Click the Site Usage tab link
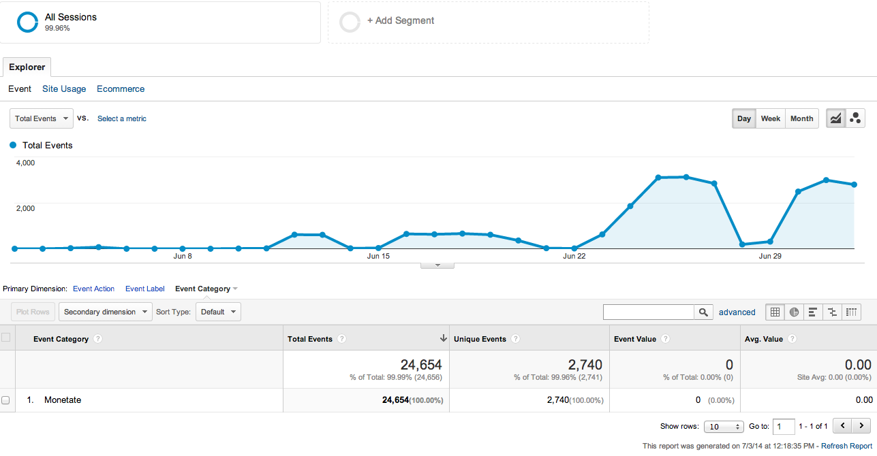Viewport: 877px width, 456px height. pos(64,89)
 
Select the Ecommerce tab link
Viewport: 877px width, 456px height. pos(121,89)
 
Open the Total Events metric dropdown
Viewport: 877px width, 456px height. pos(42,118)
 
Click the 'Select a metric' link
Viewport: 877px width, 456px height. pos(122,118)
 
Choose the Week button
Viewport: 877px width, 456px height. pos(770,118)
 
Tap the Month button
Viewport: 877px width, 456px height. pos(801,118)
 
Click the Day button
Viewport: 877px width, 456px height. pos(743,118)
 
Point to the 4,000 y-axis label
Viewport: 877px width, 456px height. pos(25,163)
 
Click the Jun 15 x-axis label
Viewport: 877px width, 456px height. pos(378,257)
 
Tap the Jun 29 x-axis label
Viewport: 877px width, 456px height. pos(770,257)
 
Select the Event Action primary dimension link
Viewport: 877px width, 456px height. pos(94,289)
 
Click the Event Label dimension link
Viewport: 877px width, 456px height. pos(144,289)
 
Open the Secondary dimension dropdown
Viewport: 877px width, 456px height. pos(106,312)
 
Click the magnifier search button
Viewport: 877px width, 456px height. pos(703,312)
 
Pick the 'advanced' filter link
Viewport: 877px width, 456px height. pos(737,312)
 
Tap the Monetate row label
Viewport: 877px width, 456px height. pos(63,400)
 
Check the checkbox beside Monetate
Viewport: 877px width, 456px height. pos(5,400)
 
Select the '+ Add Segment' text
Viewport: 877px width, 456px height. pos(401,21)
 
